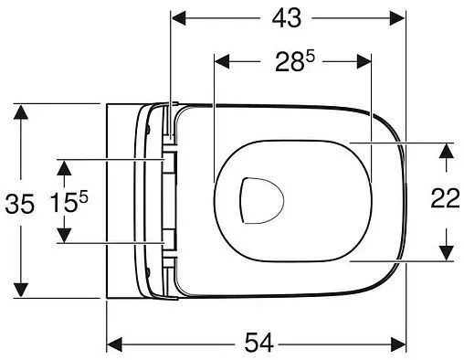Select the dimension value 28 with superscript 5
tap(291, 62)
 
